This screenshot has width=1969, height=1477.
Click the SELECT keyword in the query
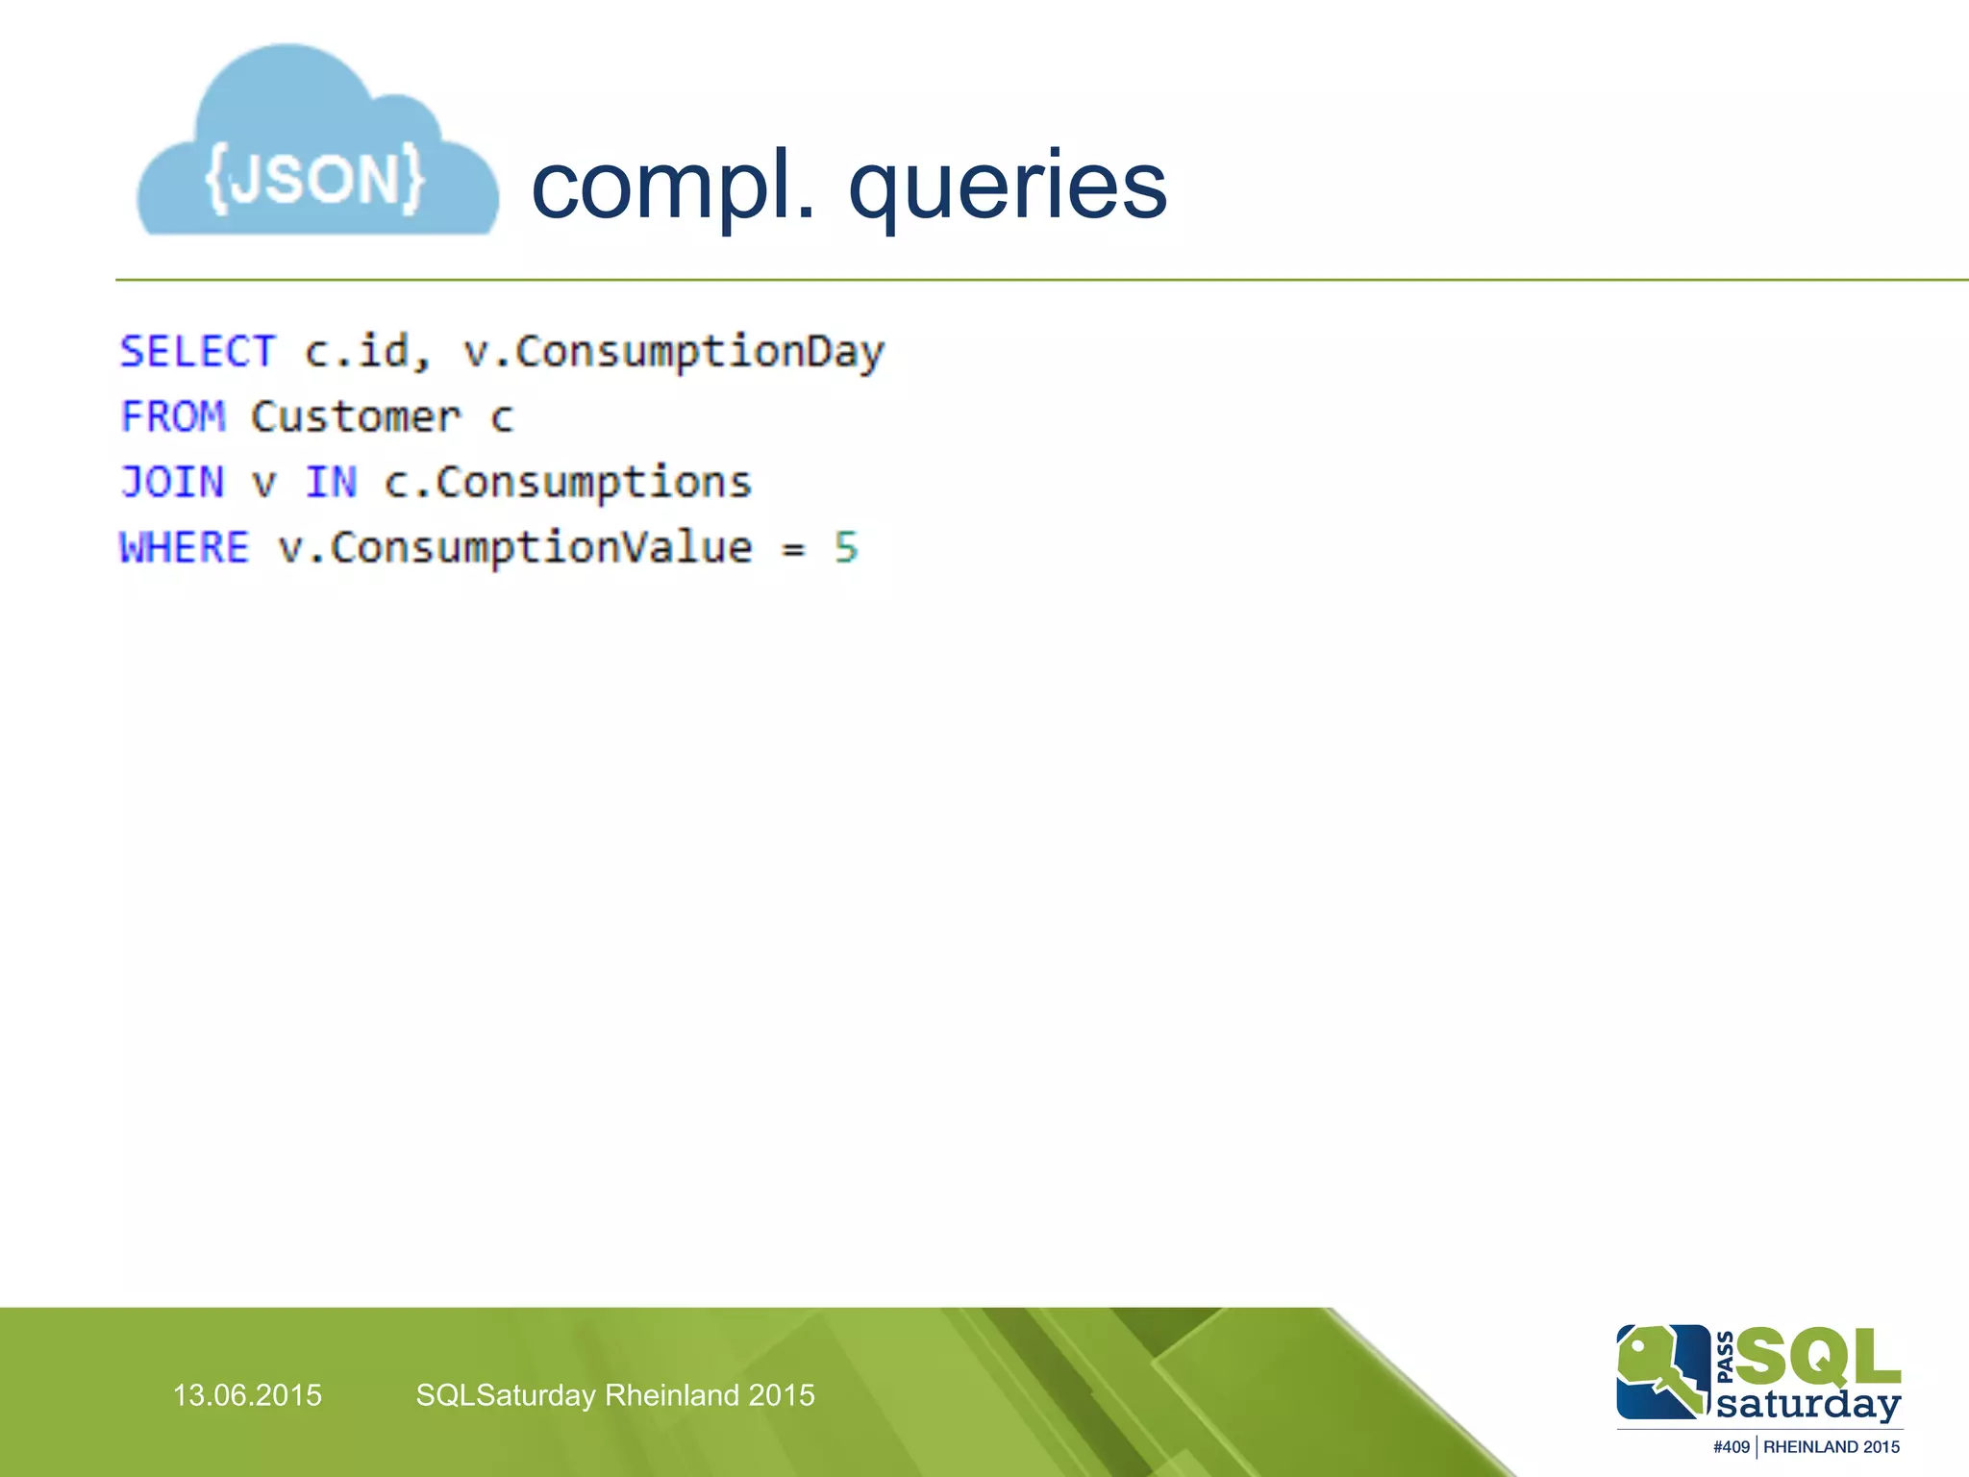click(x=198, y=352)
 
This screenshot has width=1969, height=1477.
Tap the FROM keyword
click(x=173, y=417)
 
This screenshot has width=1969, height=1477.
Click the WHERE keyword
click(x=185, y=548)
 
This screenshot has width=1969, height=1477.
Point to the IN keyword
click(x=331, y=483)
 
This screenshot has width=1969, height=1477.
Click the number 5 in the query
click(x=846, y=548)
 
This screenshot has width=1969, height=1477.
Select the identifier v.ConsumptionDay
click(x=673, y=352)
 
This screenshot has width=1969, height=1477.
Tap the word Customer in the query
click(x=356, y=417)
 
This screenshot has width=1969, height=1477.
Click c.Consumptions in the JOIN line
click(x=567, y=483)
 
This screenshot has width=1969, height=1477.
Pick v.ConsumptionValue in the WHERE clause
click(x=515, y=548)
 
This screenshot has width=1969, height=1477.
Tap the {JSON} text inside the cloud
click(x=315, y=178)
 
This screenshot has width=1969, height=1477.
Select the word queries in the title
click(x=1008, y=188)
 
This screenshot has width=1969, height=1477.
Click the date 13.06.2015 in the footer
click(x=247, y=1395)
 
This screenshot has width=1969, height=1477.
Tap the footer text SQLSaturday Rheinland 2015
click(x=615, y=1395)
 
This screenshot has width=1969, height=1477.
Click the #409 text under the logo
click(x=1731, y=1447)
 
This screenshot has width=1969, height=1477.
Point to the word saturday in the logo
click(x=1808, y=1404)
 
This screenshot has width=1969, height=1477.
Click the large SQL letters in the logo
click(x=1817, y=1357)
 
